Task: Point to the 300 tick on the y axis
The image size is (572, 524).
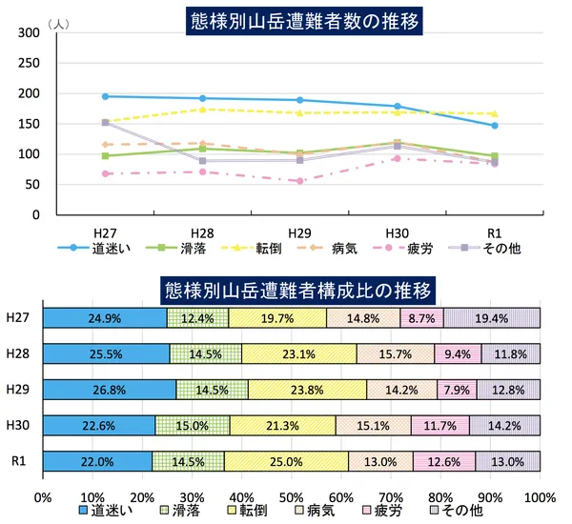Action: pos(30,32)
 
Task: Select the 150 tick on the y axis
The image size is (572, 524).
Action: pos(30,124)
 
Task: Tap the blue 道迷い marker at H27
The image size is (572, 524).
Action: pos(105,96)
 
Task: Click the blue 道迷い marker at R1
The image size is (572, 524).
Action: pos(494,126)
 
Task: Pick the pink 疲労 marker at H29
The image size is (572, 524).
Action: pos(299,181)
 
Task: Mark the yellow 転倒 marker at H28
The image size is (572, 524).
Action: pos(202,110)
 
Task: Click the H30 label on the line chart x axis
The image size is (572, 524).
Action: pos(397,232)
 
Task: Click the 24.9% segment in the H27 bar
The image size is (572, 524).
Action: pos(105,318)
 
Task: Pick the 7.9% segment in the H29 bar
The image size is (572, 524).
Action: pos(456,390)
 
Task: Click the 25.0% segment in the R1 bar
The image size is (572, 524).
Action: pos(286,461)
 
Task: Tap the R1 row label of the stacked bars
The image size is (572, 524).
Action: pos(17,461)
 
